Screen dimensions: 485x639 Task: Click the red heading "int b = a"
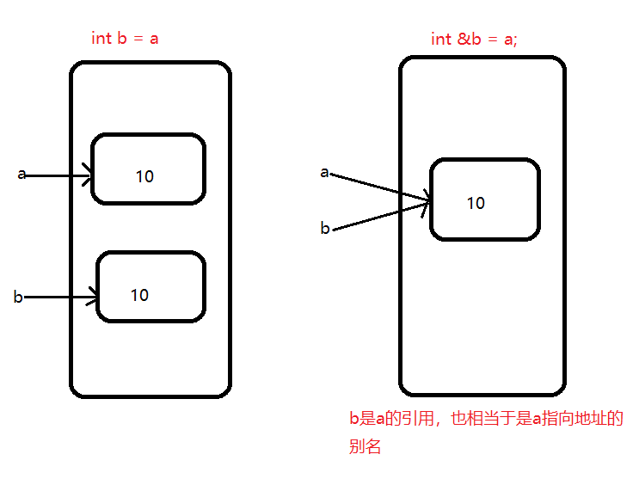(x=125, y=39)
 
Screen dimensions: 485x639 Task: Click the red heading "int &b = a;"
(x=474, y=40)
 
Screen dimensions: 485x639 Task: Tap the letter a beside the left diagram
(x=22, y=175)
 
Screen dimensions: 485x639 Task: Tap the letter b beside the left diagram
(x=17, y=298)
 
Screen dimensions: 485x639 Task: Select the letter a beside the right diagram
(x=324, y=172)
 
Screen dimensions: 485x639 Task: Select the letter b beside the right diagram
(x=325, y=228)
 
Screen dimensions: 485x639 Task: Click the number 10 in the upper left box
(x=144, y=176)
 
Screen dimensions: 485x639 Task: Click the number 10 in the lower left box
(x=139, y=295)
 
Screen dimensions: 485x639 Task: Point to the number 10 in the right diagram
(x=476, y=203)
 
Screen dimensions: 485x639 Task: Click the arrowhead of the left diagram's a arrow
(x=89, y=175)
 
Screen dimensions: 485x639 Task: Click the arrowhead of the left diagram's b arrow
(x=95, y=298)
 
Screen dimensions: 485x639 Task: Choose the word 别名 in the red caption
(x=365, y=447)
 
